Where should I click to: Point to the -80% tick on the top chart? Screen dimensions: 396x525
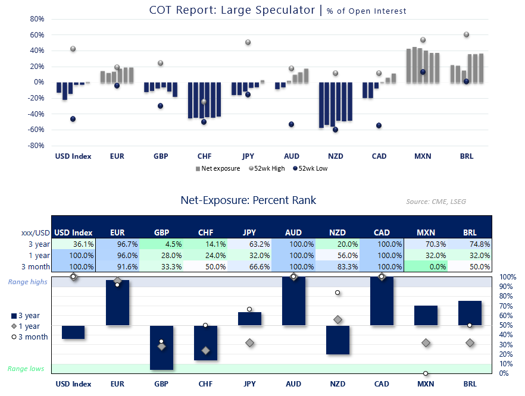point(37,146)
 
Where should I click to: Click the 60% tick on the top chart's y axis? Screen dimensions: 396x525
point(37,34)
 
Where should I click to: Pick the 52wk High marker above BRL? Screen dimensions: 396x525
point(467,34)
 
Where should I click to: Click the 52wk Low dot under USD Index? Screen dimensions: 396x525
point(73,119)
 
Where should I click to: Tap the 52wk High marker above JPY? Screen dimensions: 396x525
point(248,42)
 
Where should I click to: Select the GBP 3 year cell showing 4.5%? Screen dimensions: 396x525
point(161,243)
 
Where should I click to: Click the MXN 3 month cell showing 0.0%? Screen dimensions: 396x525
point(426,267)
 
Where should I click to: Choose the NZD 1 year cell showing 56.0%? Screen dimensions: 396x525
point(337,255)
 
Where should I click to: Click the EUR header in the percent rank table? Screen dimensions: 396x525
point(117,232)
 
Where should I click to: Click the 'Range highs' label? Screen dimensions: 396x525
point(26,281)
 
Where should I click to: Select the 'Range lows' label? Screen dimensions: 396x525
point(26,369)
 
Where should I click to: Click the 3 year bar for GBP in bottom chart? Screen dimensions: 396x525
point(161,348)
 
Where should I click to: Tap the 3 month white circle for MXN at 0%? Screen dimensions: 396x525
point(426,373)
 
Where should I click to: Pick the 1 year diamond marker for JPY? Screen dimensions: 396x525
point(249,342)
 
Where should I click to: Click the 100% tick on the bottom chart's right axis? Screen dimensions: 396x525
point(508,277)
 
